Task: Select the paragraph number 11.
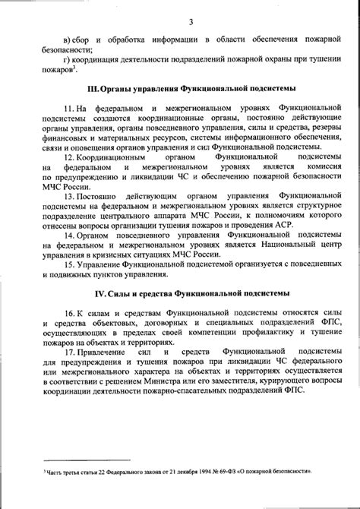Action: pos(70,110)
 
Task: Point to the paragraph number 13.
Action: pos(70,194)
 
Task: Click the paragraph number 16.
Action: pos(70,312)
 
